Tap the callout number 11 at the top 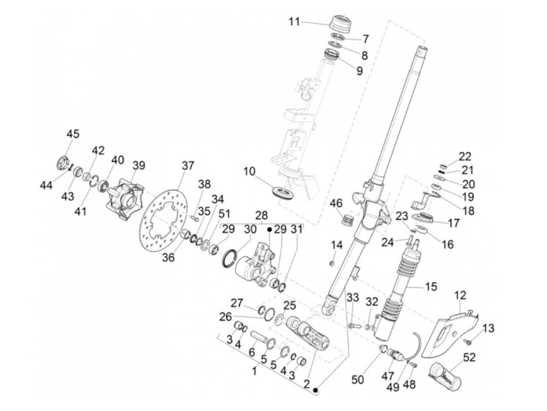[x=294, y=21]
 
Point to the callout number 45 [x=73, y=134]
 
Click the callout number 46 [x=336, y=204]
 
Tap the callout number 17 [x=454, y=223]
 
